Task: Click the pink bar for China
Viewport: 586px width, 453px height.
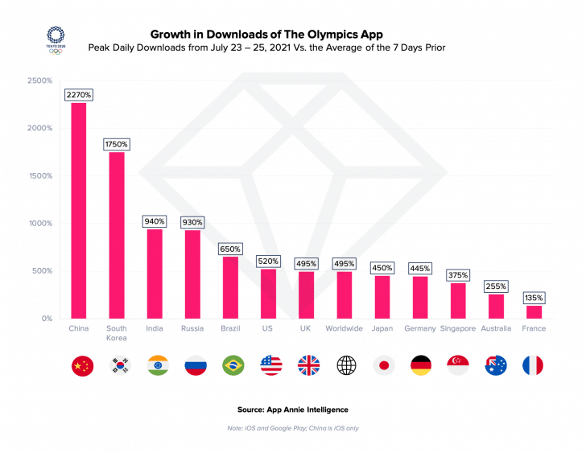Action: pos(79,211)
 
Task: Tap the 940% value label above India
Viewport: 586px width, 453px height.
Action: pos(155,221)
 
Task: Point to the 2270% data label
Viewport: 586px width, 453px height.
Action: pos(79,95)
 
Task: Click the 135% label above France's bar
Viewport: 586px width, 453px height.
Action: pos(534,298)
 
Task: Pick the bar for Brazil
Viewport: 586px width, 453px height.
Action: pos(230,287)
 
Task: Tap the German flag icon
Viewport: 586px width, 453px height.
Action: pos(420,365)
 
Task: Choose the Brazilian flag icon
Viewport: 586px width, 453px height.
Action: pos(232,365)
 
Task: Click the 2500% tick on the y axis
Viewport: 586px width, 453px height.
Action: pos(39,81)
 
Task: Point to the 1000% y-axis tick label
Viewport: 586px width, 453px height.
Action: pos(39,224)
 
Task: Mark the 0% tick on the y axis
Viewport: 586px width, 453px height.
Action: pos(46,319)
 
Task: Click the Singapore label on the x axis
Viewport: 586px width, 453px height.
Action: pos(458,328)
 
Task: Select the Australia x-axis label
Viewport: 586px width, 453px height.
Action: pos(496,328)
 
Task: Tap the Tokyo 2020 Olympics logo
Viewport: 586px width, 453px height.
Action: pos(56,39)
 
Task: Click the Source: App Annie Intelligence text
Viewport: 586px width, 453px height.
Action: pos(293,409)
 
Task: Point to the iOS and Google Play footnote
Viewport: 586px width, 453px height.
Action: pos(293,428)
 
